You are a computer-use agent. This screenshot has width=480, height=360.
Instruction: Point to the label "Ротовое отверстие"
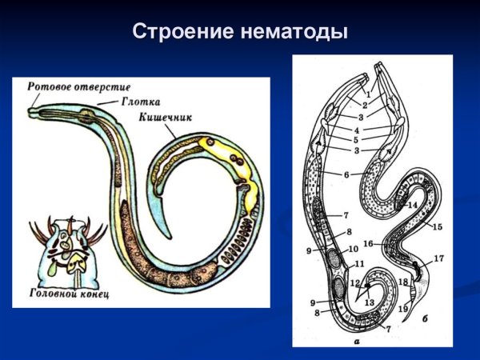click(78, 86)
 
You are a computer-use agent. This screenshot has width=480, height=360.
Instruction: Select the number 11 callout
click(360, 264)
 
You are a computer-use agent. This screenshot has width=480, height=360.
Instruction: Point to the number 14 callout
click(413, 206)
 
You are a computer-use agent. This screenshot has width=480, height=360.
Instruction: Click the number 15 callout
click(437, 228)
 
